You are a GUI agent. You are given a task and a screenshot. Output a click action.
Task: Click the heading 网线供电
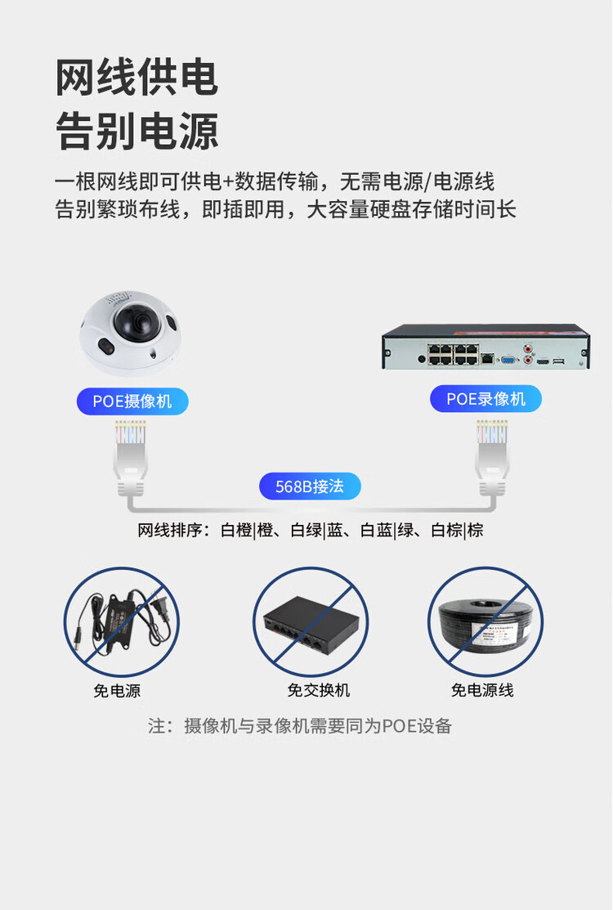136,77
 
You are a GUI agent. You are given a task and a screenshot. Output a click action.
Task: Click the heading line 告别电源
136,131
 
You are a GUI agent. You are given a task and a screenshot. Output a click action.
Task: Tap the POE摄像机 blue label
132,401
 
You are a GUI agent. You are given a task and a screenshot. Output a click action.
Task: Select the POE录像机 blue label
485,399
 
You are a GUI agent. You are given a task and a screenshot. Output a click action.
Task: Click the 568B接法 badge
310,486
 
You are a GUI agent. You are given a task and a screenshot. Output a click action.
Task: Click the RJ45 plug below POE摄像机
131,459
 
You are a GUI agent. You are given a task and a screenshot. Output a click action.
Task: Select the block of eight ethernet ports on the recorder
454,355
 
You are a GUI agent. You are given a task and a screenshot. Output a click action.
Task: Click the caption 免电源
117,691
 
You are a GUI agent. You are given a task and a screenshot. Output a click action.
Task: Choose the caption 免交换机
319,690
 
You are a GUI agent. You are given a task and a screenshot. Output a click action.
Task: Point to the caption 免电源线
482,690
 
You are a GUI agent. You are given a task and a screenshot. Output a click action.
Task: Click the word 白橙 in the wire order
236,531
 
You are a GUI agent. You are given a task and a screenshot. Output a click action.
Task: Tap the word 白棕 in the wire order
447,531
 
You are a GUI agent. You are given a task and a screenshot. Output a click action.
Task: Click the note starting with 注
300,726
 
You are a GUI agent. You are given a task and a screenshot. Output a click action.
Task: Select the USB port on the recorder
559,361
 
